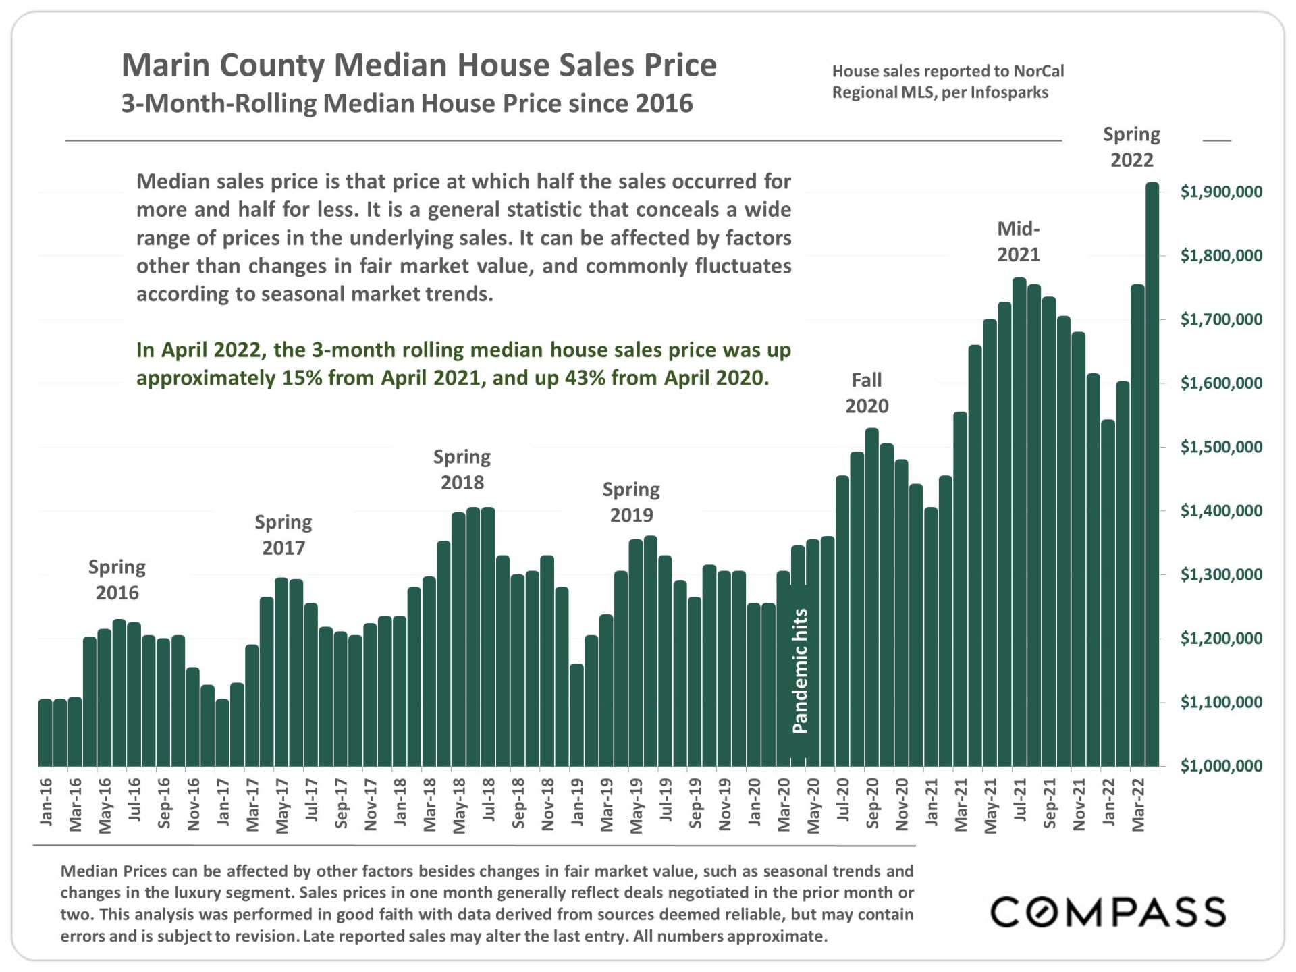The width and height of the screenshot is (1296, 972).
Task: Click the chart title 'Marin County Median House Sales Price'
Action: (418, 65)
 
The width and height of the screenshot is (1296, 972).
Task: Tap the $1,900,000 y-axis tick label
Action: (1221, 192)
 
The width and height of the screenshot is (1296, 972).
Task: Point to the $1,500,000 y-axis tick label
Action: (1221, 447)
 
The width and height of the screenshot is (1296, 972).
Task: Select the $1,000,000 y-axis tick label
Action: (1221, 765)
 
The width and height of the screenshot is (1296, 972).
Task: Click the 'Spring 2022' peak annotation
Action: (1132, 147)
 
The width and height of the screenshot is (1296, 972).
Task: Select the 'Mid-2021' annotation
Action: (1019, 242)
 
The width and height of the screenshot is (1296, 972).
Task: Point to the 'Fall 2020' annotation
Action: (867, 393)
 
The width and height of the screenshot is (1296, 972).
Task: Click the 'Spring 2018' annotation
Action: (462, 469)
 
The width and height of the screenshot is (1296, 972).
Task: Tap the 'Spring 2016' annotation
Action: (117, 580)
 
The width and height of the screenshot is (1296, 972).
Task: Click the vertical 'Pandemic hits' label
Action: (800, 671)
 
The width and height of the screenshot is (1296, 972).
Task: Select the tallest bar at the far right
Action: (1152, 473)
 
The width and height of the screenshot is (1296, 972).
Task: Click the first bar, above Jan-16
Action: (45, 732)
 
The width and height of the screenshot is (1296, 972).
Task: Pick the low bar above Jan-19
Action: (576, 715)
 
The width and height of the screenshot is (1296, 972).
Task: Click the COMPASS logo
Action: (1108, 912)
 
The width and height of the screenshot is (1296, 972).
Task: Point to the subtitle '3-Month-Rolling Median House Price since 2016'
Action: (407, 104)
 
